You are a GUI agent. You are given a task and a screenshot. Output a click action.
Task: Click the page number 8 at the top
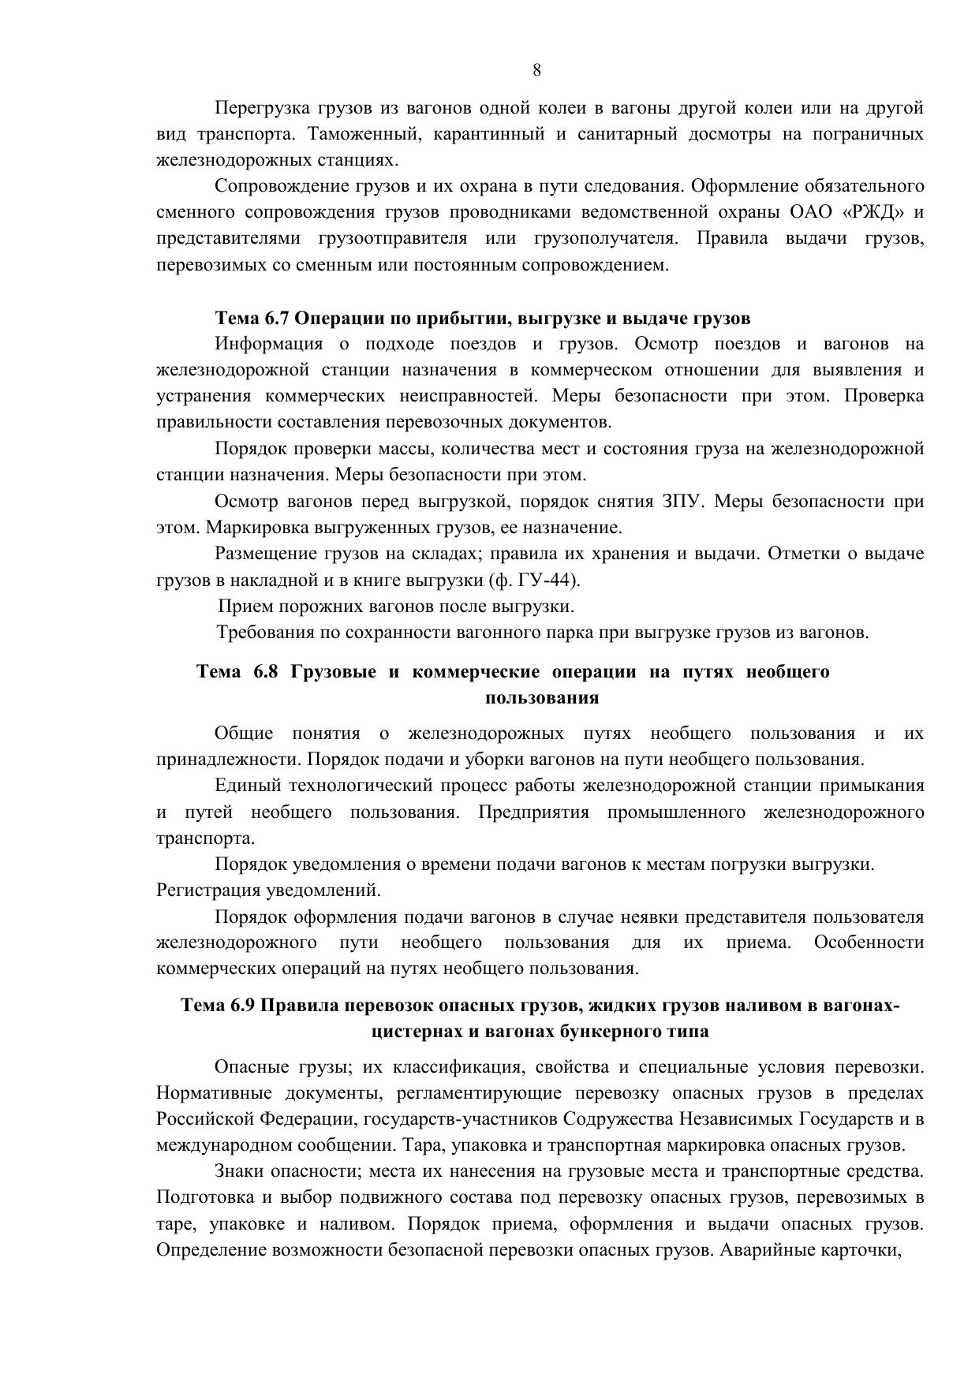536,70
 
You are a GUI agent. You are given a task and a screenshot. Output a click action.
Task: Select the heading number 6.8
266,671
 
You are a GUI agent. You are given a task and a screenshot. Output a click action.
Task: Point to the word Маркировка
257,528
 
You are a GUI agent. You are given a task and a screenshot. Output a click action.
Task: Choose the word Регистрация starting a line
206,890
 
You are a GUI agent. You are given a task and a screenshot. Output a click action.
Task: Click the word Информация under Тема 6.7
268,344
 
